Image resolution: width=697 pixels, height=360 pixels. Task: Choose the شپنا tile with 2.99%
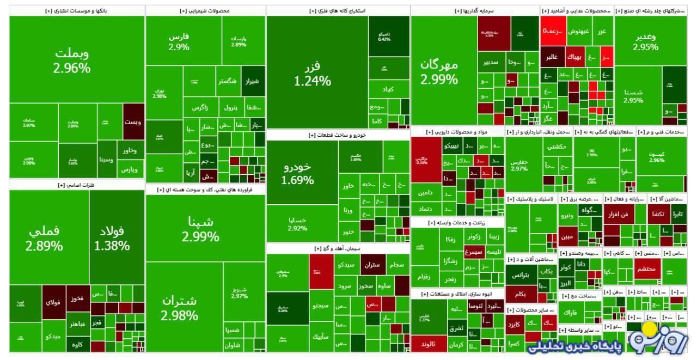(x=200, y=229)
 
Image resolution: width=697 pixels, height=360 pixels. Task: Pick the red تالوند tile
(x=429, y=344)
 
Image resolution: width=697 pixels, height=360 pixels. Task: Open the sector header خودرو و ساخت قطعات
(x=338, y=135)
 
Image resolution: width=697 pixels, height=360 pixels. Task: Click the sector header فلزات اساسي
(x=76, y=185)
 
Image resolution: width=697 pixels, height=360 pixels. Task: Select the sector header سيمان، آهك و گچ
(x=338, y=248)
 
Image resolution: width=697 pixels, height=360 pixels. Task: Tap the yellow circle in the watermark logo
(x=650, y=329)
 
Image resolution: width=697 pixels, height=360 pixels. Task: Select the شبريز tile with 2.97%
(x=240, y=292)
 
